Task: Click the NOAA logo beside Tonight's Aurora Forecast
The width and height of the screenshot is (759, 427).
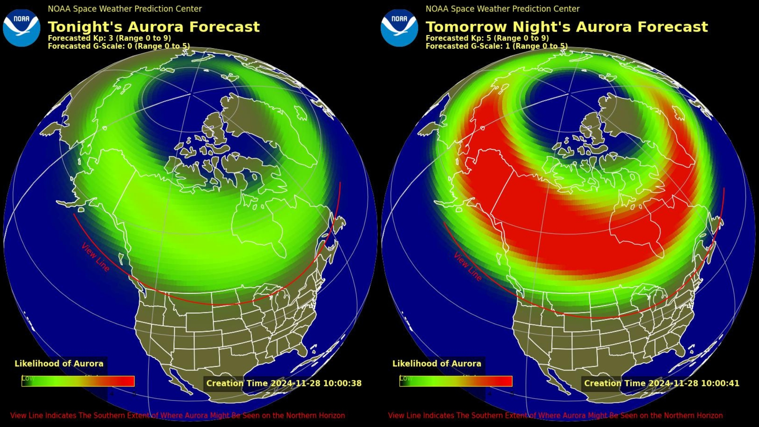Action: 21,28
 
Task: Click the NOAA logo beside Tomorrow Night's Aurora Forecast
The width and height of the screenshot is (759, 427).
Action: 399,28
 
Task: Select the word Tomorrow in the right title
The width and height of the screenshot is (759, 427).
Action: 466,27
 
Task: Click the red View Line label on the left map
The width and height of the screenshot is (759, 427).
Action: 95,257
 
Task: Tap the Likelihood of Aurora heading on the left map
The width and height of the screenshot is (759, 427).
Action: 59,364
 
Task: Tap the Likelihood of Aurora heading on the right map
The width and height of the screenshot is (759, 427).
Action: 437,364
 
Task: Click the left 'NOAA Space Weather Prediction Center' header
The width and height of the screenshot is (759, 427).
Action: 125,9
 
